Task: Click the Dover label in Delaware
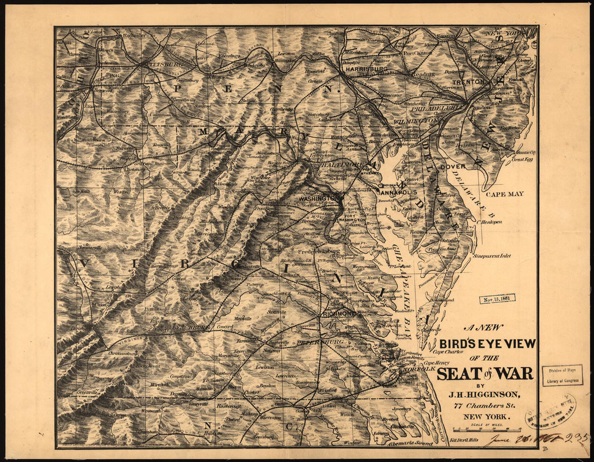tap(453, 167)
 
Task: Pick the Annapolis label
tap(398, 192)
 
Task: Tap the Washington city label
tap(318, 198)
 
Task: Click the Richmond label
tap(339, 314)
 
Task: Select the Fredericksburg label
tap(319, 251)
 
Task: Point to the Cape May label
tap(504, 194)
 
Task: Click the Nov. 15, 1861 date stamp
tap(497, 298)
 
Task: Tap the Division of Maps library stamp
tap(562, 375)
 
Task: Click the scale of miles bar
tap(480, 431)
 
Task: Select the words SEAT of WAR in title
tap(484, 373)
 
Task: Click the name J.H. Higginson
tap(482, 395)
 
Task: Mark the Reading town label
tap(423, 74)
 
